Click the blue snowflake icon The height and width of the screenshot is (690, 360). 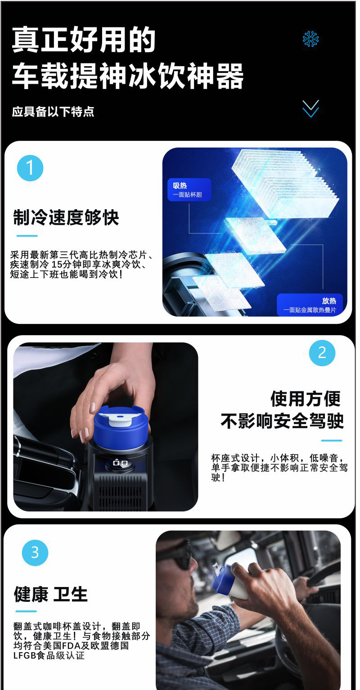click(310, 39)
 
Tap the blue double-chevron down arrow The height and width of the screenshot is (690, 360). click(310, 109)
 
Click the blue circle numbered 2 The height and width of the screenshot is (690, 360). click(322, 353)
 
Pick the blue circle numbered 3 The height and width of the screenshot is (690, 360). click(35, 552)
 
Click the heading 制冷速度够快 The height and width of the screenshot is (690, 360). click(66, 217)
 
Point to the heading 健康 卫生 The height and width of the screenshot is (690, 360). click(50, 594)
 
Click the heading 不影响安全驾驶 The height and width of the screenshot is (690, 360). click(282, 421)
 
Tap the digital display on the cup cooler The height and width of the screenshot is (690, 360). click(121, 462)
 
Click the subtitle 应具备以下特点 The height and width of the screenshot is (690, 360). click(53, 112)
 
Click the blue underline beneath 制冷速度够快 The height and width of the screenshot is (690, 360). click(27, 236)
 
